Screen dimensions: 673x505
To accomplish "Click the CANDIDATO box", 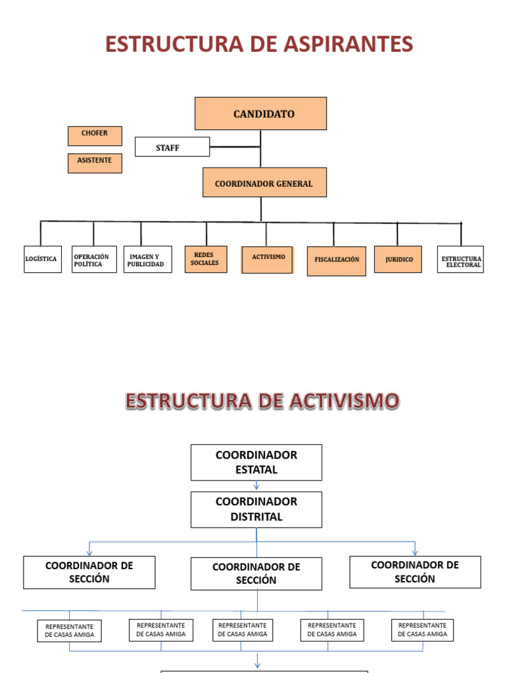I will point(260,114).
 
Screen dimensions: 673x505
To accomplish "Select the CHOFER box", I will point(95,136).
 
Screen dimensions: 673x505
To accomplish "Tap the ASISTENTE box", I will point(95,163).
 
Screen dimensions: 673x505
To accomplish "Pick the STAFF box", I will point(172,147).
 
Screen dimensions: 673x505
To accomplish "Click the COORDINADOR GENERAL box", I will point(264,182).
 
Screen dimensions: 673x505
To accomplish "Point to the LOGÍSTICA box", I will point(43,260).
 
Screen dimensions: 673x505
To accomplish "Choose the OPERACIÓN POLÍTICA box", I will point(94,260).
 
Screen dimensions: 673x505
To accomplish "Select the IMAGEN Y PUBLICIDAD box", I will point(147,260).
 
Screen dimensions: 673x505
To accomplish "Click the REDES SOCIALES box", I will point(206,259).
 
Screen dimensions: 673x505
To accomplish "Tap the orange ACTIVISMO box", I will point(267,260).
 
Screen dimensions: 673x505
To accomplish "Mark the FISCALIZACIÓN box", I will point(336,261).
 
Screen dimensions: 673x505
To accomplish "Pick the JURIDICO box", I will point(398,260).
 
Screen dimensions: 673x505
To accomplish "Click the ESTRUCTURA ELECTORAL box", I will point(460,260).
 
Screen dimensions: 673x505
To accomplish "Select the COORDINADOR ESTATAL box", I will point(256,462).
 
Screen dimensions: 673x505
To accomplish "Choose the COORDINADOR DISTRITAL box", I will point(256,509).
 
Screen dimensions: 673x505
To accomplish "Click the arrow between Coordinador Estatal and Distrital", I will point(256,486).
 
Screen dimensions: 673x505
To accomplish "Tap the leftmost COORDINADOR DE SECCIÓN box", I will point(89,572).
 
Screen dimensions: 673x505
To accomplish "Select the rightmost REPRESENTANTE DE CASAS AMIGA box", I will point(422,630).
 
